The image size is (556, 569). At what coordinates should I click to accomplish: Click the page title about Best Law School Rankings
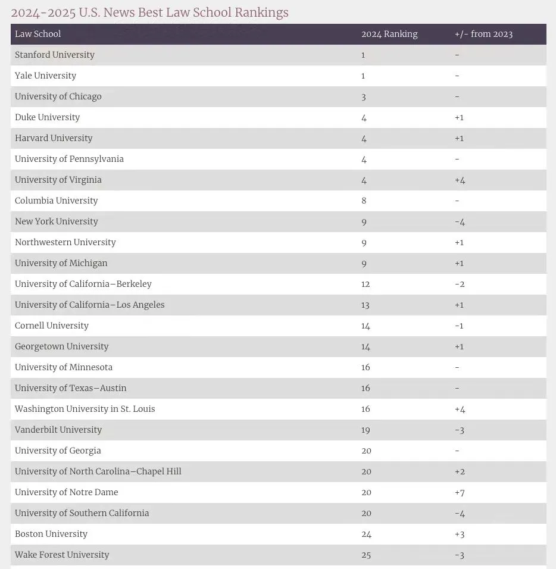(149, 12)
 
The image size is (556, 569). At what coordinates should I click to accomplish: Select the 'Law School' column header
(38, 34)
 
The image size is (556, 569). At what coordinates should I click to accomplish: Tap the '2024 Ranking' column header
(389, 34)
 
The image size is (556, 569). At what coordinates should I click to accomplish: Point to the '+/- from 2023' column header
(483, 34)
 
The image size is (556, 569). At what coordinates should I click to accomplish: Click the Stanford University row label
(55, 55)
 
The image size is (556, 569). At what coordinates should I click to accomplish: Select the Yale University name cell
(46, 76)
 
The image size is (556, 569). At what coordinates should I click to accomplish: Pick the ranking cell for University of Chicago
(364, 96)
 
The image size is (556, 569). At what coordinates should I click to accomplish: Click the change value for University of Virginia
(460, 180)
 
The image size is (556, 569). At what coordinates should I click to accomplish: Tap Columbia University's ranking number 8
(364, 201)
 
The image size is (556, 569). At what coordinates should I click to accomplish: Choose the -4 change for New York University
(460, 221)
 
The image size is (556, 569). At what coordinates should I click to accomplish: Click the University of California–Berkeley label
(83, 284)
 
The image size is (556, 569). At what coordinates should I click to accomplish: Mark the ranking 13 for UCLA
(366, 305)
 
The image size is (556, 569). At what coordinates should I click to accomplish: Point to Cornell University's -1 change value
(459, 326)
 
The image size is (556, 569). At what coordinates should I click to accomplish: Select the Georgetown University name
(62, 346)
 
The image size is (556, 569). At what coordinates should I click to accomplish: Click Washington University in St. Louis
(85, 409)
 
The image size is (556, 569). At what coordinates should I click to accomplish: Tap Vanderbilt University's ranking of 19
(366, 430)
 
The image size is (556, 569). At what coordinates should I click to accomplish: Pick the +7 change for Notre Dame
(460, 492)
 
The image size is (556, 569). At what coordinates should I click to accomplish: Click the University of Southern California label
(82, 513)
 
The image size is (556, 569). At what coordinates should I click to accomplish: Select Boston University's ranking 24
(366, 534)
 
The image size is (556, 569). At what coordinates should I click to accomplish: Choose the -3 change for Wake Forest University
(460, 555)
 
